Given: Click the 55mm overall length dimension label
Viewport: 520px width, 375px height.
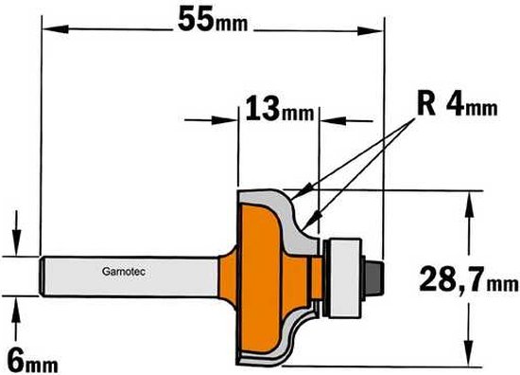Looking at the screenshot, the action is (x=213, y=20).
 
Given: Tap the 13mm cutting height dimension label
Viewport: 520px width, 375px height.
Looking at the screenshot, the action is (x=280, y=108).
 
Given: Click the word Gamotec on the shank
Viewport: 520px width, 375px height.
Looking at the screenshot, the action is (x=124, y=272).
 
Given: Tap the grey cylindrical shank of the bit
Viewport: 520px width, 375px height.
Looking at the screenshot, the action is (x=130, y=277).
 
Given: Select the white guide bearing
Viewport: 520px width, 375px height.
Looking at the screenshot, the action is (x=344, y=277).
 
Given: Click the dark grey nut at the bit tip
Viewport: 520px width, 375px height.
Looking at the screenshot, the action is (x=374, y=277).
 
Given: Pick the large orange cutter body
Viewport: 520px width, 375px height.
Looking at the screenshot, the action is (x=260, y=278).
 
